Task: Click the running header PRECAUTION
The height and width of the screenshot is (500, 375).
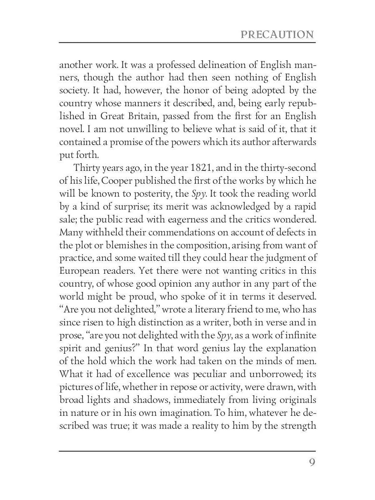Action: [x=277, y=34]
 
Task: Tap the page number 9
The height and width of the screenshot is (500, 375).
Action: [x=312, y=463]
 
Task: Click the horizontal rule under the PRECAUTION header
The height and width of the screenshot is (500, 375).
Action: [x=187, y=42]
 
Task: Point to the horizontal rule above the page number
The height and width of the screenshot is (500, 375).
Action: [x=187, y=450]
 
